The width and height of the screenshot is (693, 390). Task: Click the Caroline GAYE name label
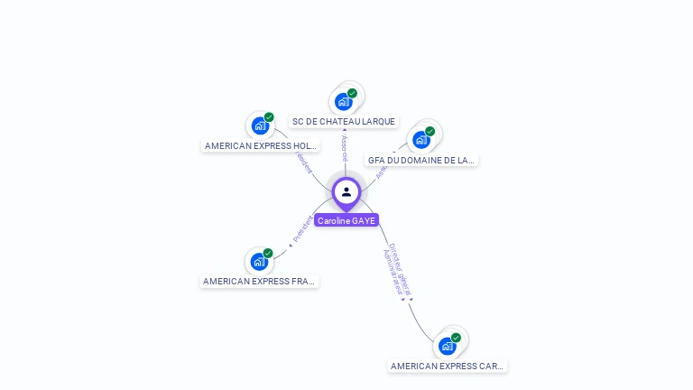346,220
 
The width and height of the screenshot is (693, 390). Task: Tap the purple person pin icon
346,192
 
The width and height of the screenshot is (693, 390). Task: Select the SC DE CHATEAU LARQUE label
344,122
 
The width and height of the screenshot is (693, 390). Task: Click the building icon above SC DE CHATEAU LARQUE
343,101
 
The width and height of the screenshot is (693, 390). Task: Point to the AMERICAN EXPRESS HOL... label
260,145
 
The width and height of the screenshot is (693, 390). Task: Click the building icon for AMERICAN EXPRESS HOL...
260,125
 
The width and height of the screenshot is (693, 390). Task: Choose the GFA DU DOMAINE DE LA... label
420,160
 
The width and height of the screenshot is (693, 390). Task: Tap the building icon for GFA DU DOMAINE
420,140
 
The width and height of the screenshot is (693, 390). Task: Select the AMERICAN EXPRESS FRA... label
259,282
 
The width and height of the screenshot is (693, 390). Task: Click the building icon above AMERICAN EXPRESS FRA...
259,262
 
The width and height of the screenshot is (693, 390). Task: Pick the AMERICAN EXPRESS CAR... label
448,367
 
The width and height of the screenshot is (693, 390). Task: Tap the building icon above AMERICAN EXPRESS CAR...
447,346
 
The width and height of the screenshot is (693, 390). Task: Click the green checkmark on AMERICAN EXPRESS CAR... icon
456,338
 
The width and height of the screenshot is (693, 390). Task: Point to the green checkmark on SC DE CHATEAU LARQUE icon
352,93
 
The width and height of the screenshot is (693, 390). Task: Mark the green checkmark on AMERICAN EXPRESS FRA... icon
268,254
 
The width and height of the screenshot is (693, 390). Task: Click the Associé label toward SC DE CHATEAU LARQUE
345,148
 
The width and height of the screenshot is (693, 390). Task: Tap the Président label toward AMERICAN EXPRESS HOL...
304,162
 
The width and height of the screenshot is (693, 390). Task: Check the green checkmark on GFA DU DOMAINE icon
430,132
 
